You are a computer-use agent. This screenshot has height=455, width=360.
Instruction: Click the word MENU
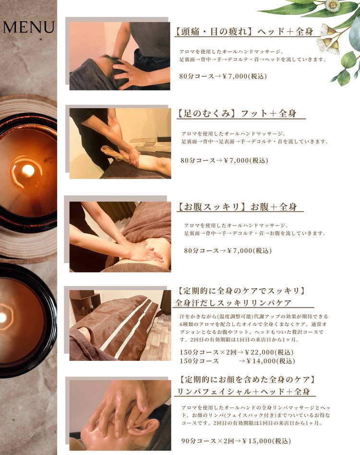(28, 27)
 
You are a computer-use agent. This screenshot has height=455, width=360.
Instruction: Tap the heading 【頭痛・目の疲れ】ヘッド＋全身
(244, 31)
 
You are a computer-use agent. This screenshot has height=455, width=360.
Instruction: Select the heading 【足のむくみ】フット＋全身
(236, 113)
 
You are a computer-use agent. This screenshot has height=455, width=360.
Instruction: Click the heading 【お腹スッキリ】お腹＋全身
(237, 207)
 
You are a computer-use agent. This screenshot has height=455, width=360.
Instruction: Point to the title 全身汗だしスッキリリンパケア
(233, 303)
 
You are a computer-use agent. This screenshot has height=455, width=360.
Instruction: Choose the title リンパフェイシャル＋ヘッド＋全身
(244, 392)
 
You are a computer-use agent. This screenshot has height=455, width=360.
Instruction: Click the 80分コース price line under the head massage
(223, 76)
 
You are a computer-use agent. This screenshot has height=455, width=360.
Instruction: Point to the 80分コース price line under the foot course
(224, 160)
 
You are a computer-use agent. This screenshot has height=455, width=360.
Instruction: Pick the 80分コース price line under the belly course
(228, 251)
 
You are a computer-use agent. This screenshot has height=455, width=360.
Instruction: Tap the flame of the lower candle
(2, 317)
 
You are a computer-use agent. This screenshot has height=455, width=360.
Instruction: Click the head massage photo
(120, 56)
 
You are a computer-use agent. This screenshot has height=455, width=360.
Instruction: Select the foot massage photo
(120, 144)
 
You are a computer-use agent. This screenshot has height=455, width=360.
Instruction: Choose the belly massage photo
(120, 237)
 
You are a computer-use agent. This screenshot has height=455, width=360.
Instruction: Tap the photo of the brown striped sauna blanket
(120, 325)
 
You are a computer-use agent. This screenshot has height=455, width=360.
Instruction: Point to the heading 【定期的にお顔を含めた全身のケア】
(247, 379)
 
